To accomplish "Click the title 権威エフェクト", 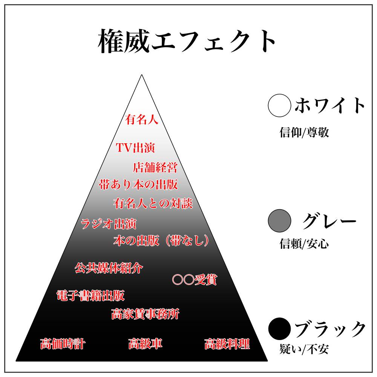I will pyautogui.click(x=187, y=42).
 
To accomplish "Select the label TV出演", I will pyautogui.click(x=135, y=148).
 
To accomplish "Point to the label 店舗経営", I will pyautogui.click(x=155, y=167).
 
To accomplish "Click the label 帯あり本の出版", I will pyautogui.click(x=138, y=185).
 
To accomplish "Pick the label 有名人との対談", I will pyautogui.click(x=153, y=204).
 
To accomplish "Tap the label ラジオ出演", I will pyautogui.click(x=109, y=224).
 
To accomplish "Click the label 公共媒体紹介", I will pyautogui.click(x=109, y=268).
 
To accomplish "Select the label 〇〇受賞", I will pyautogui.click(x=195, y=280).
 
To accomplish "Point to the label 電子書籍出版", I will pyautogui.click(x=90, y=296).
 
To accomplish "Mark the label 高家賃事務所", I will pyautogui.click(x=145, y=314).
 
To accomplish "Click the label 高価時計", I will pyautogui.click(x=63, y=344).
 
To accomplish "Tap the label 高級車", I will pyautogui.click(x=146, y=344).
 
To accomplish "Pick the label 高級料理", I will pyautogui.click(x=227, y=344).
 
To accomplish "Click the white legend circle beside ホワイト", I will pyautogui.click(x=279, y=106).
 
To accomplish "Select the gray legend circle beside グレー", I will pyautogui.click(x=279, y=221).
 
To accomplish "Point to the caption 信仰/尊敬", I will pyautogui.click(x=304, y=133).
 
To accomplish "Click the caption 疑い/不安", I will pyautogui.click(x=304, y=349).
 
